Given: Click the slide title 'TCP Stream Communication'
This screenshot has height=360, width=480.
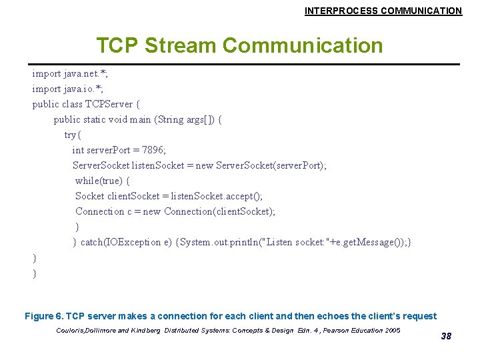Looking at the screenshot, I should pyautogui.click(x=239, y=45).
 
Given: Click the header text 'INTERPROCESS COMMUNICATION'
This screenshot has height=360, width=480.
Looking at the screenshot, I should pyautogui.click(x=383, y=11).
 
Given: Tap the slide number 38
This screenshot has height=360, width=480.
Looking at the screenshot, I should pyautogui.click(x=446, y=336).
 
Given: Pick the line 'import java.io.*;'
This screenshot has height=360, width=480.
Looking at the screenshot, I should pyautogui.click(x=67, y=89).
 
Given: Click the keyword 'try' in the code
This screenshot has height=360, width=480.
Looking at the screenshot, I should pyautogui.click(x=70, y=135).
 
